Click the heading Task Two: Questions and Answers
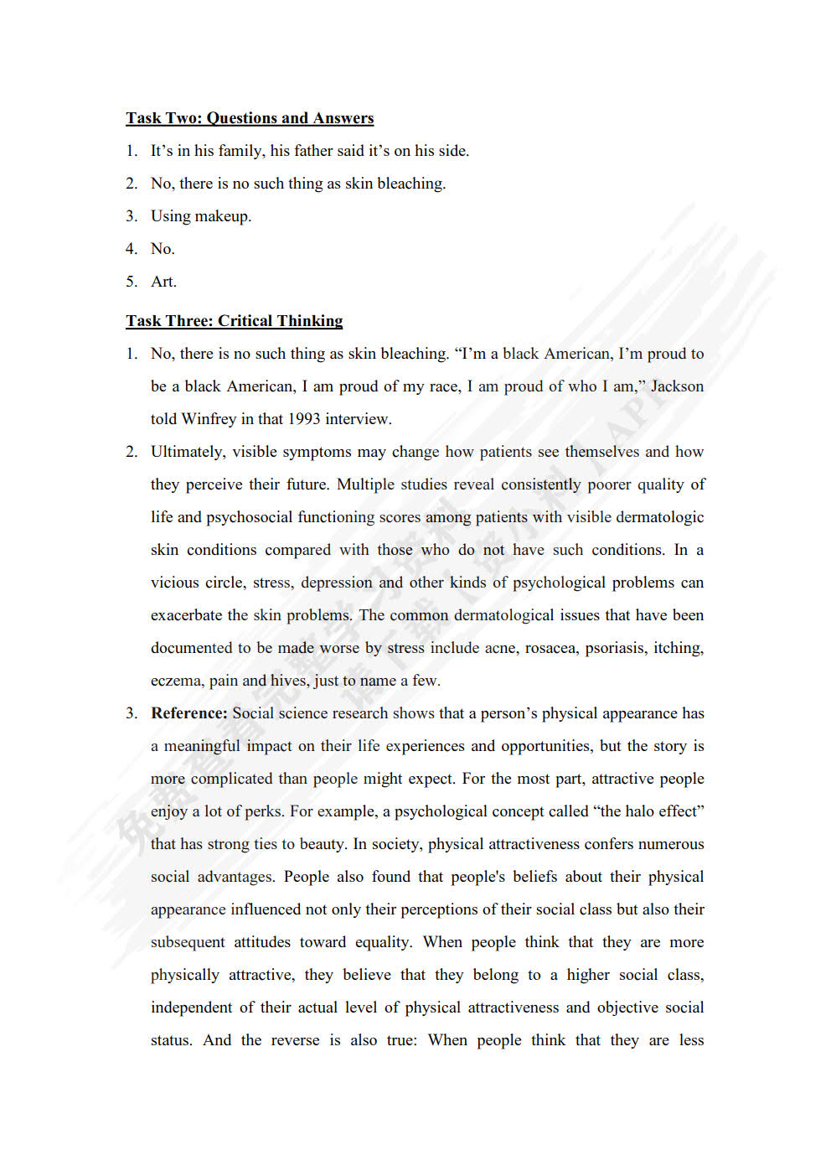(x=250, y=118)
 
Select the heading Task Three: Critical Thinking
(x=235, y=321)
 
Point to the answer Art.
(x=163, y=282)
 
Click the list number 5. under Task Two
(x=132, y=282)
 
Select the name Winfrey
(x=209, y=419)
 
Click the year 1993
(x=304, y=419)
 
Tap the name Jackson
(x=677, y=386)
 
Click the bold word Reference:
(x=188, y=713)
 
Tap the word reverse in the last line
(x=294, y=1040)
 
